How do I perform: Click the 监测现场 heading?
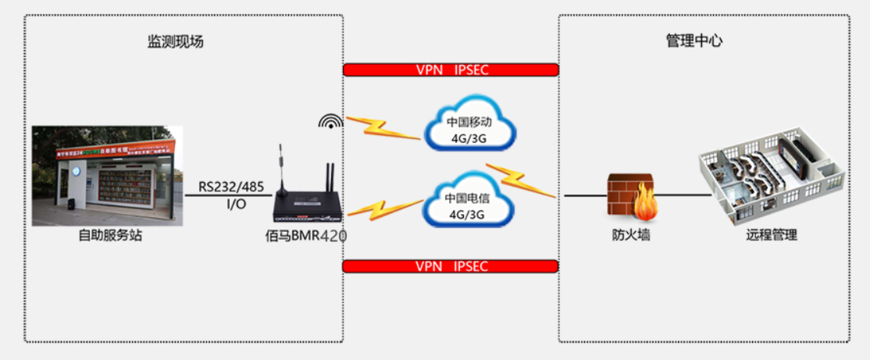tap(176, 42)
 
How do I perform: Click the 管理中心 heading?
tap(694, 41)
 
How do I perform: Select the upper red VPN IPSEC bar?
tap(451, 70)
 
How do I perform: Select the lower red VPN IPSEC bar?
tap(451, 266)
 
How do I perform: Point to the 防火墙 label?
tap(631, 234)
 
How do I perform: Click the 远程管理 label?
tap(771, 234)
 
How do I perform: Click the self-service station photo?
tap(106, 176)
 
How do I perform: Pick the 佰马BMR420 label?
tap(305, 235)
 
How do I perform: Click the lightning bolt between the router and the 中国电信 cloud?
tap(383, 209)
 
